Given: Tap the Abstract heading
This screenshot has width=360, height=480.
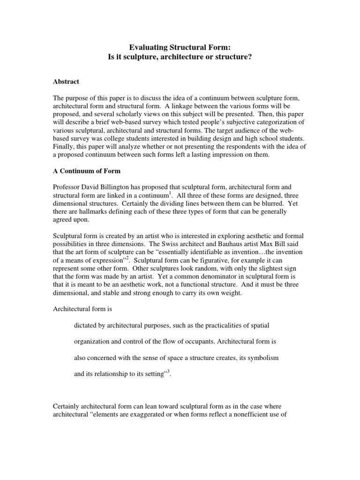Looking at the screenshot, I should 66,82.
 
